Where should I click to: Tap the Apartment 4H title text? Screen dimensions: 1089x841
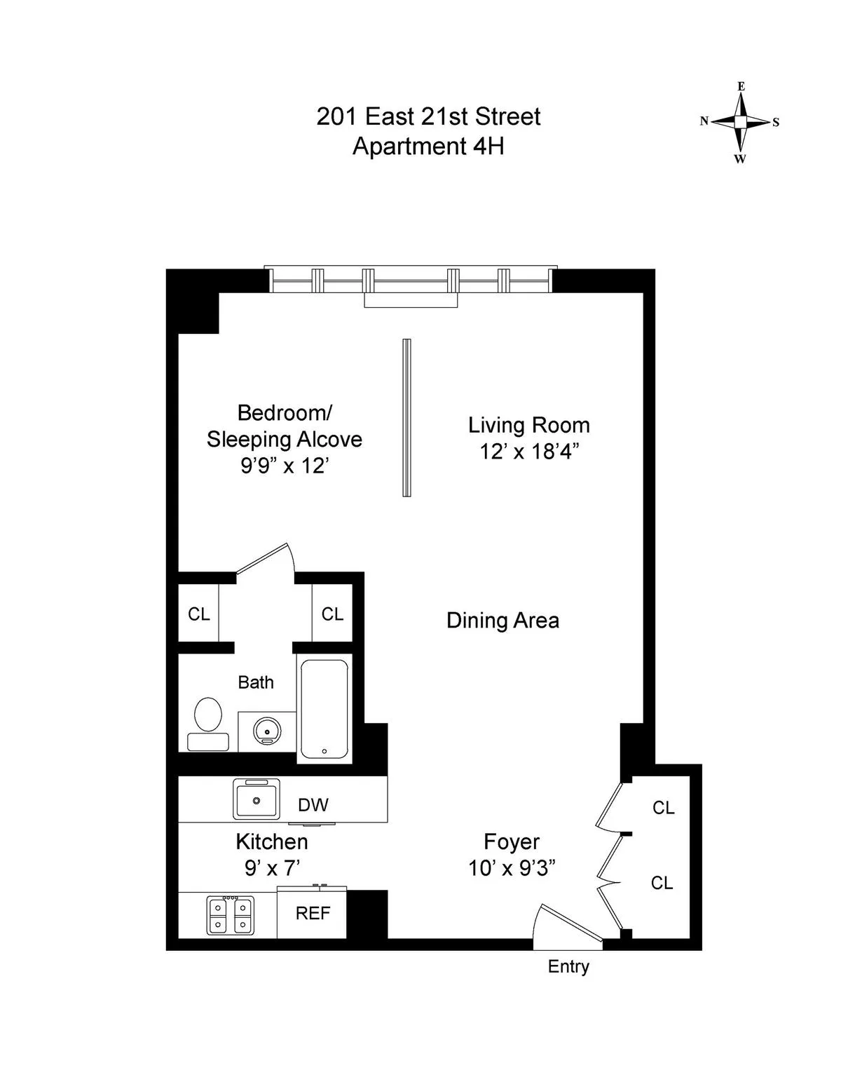428,147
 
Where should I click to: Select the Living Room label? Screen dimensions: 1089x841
528,425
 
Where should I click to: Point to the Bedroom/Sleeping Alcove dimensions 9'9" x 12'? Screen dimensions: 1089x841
285,466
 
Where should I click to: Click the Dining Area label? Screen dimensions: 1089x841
502,621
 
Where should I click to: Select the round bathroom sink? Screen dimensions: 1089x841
267,732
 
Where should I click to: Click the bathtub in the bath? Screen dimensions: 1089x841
324,709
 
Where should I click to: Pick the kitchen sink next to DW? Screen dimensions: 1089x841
257,799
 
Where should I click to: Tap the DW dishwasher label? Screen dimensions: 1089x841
313,805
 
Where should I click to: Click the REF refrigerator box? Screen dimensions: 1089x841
313,913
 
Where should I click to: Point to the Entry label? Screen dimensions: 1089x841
568,966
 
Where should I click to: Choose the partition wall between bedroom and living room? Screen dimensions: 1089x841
406,418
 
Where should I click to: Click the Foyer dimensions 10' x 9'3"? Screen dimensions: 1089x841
512,868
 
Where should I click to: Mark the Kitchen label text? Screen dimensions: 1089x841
271,841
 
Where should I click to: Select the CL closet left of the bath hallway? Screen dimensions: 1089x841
198,614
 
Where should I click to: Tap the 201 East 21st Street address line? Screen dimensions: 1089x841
428,116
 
